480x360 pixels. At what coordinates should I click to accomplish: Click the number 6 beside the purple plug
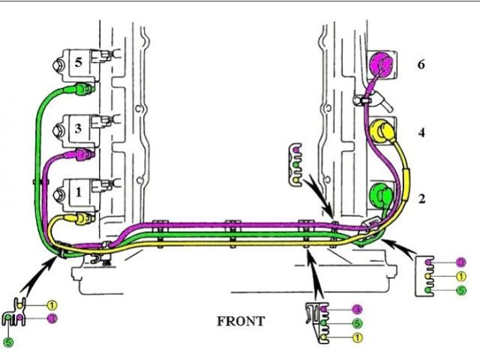point(421,64)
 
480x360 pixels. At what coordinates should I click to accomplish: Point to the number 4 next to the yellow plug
point(421,133)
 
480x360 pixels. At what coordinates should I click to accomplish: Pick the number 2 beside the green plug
point(421,199)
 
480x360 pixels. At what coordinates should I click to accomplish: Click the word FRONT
point(240,322)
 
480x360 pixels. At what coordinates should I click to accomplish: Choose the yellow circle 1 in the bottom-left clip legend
point(52,305)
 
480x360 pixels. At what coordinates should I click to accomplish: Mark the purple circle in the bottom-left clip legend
point(52,319)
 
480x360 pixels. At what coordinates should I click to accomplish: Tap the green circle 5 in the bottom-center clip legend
point(358,324)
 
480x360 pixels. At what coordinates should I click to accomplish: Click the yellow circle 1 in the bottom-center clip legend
point(358,338)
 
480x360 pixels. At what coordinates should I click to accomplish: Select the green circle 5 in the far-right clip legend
point(460,290)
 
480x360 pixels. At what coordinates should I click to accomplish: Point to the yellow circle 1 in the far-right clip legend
point(460,276)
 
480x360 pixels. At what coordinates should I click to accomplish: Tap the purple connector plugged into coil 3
point(79,155)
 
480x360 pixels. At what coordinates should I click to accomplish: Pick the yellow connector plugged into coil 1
point(78,219)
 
